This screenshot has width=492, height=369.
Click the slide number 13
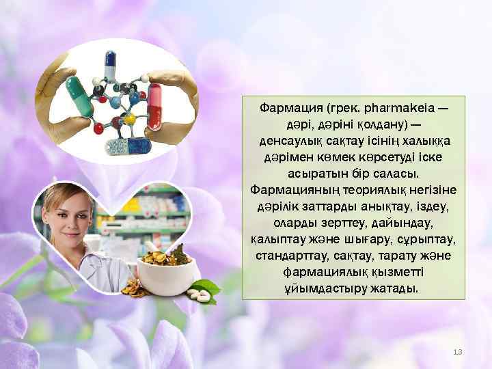458,351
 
